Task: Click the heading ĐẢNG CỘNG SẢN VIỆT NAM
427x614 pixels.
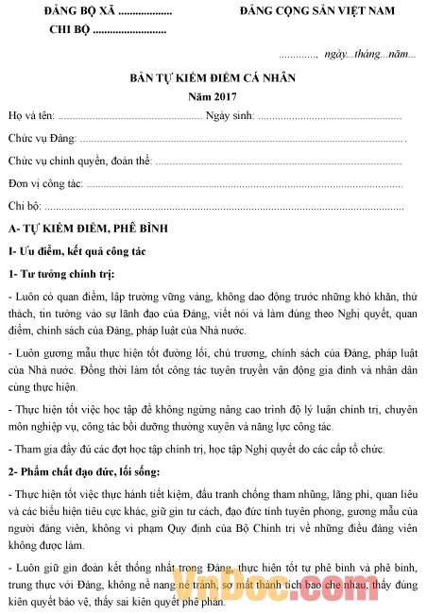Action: pyautogui.click(x=316, y=12)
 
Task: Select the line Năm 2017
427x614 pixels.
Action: pyautogui.click(x=213, y=96)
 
